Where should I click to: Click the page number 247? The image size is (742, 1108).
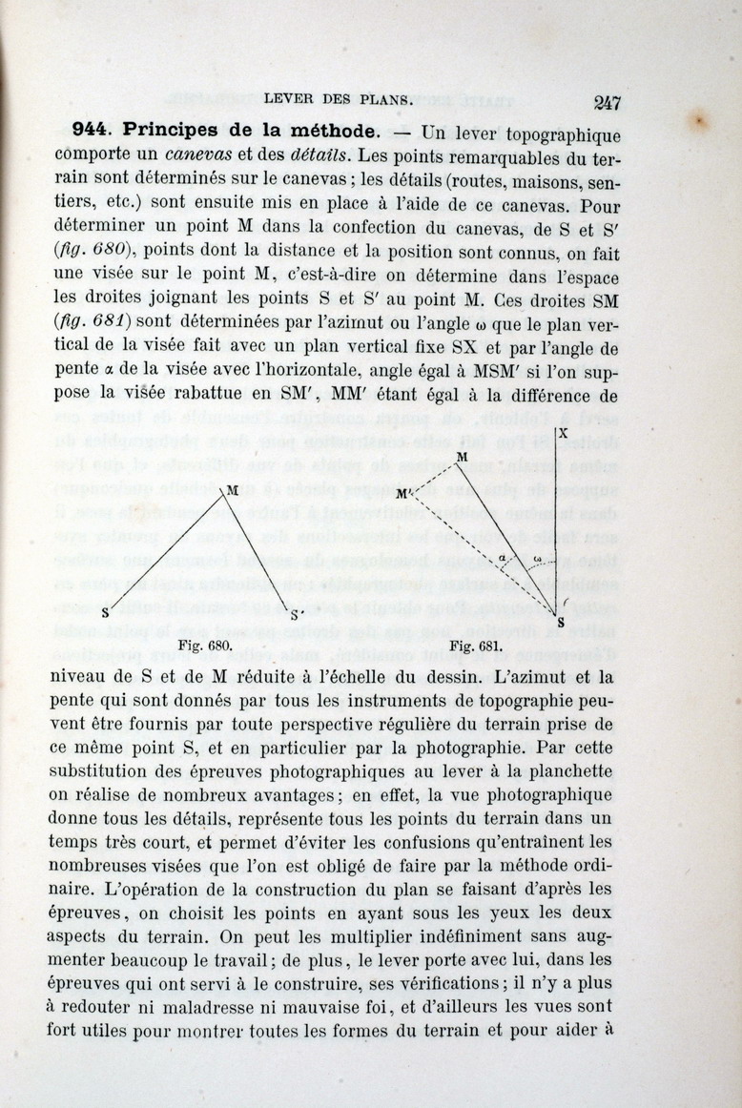(607, 103)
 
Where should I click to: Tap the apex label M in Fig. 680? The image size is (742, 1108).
(232, 491)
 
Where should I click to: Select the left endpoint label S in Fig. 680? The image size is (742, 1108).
(105, 614)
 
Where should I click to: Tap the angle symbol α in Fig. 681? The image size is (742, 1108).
(503, 558)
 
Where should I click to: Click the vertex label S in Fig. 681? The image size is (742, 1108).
(560, 623)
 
